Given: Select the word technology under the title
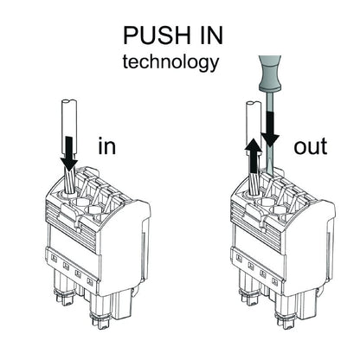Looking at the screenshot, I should click(170, 62).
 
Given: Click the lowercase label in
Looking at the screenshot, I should click(107, 145).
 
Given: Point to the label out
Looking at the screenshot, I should click(310, 145).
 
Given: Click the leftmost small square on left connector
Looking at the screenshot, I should click(55, 257).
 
